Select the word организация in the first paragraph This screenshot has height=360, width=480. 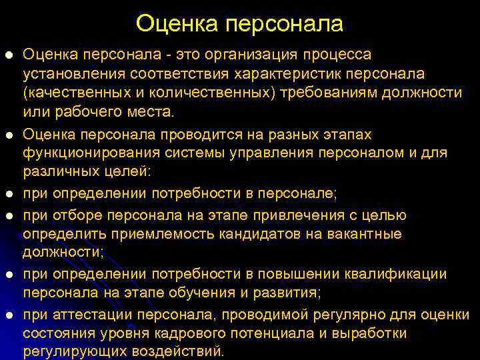(237, 54)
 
